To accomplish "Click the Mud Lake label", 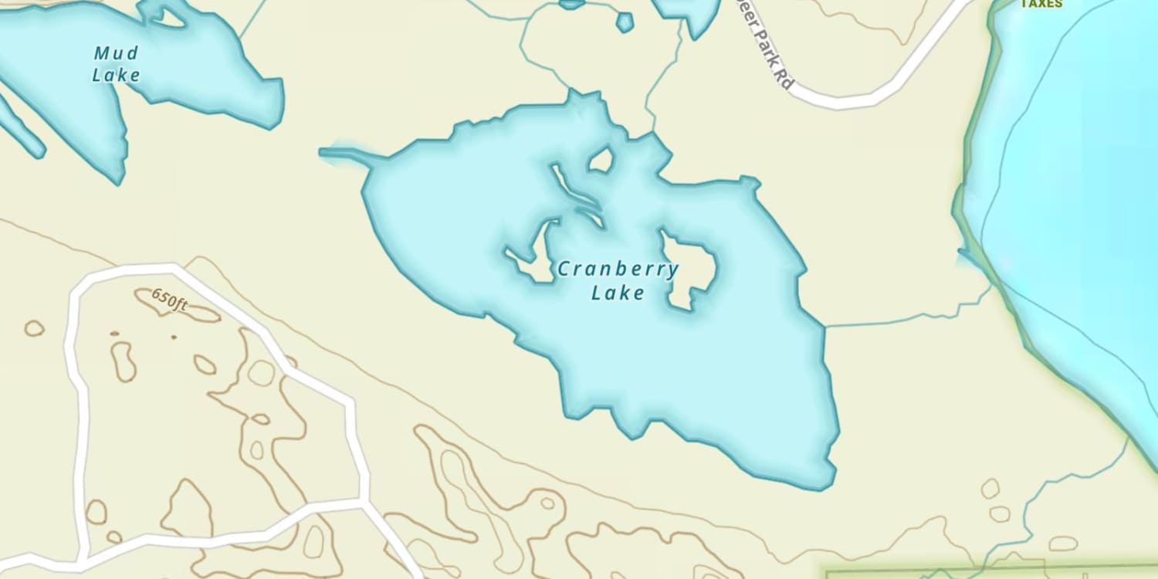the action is pyautogui.click(x=117, y=64).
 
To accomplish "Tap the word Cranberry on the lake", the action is pyautogui.click(x=618, y=269).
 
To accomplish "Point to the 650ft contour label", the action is pyautogui.click(x=170, y=299).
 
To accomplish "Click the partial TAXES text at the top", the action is pyautogui.click(x=1041, y=4).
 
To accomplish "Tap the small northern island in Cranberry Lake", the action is pyautogui.click(x=601, y=160).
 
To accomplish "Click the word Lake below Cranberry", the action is pyautogui.click(x=618, y=293).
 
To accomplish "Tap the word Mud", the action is pyautogui.click(x=117, y=53).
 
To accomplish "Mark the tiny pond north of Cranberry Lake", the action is pyautogui.click(x=625, y=22).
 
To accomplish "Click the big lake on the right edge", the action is pyautogui.click(x=1081, y=193).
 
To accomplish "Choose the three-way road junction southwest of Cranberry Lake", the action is pyautogui.click(x=361, y=502).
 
